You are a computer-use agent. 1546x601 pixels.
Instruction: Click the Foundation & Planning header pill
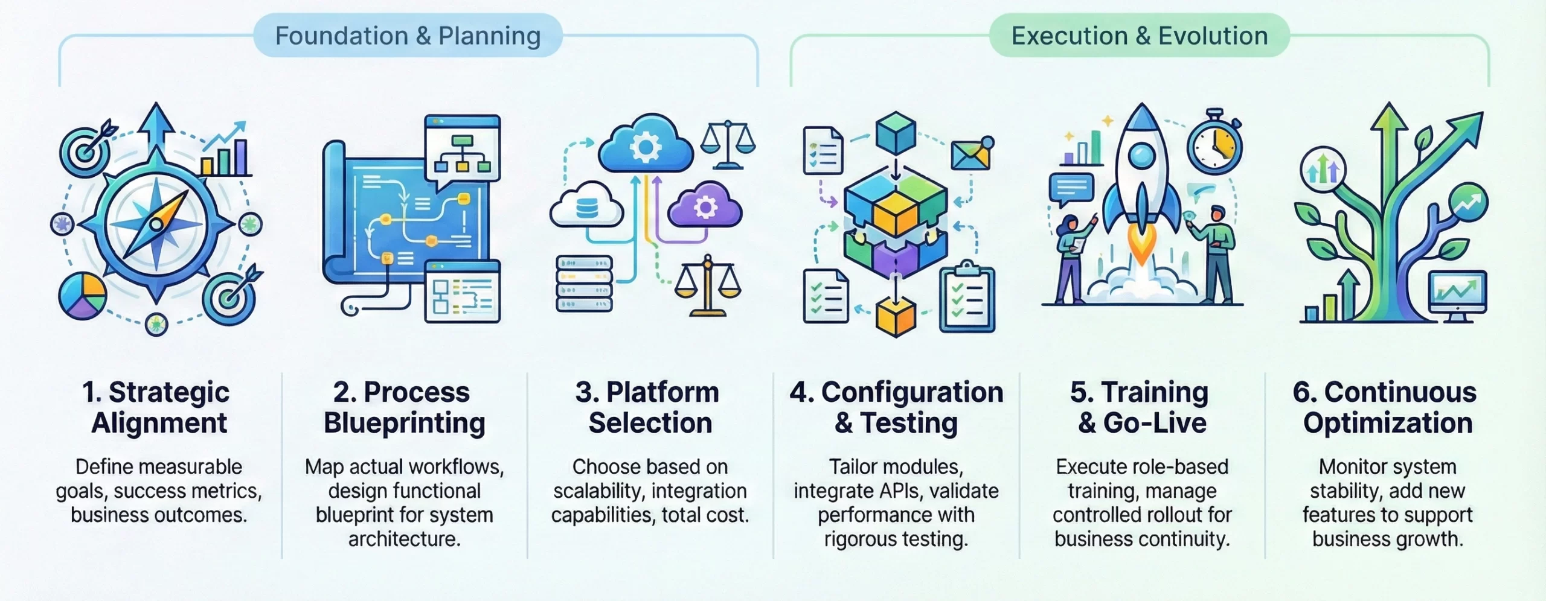click(408, 36)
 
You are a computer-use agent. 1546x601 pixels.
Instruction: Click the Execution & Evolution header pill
click(1139, 36)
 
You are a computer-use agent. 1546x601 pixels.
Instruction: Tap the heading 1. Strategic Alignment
click(158, 407)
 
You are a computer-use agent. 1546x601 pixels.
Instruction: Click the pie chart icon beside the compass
click(83, 296)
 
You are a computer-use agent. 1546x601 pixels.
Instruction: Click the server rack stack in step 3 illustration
click(583, 284)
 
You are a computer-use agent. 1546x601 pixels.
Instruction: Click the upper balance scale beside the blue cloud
click(728, 145)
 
